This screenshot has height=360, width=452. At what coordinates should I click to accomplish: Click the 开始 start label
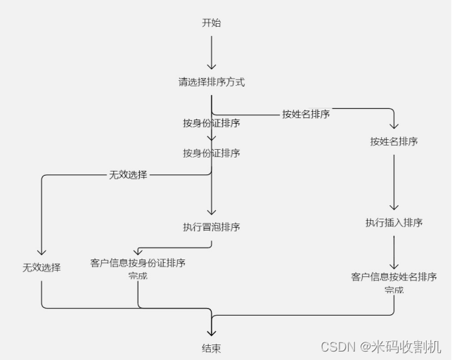tap(211, 23)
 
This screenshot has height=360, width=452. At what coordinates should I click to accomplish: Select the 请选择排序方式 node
tap(211, 82)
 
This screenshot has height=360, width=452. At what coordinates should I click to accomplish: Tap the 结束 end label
tap(211, 347)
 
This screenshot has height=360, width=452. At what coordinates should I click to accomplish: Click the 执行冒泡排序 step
tap(211, 227)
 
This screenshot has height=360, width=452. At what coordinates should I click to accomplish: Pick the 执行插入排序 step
tap(394, 223)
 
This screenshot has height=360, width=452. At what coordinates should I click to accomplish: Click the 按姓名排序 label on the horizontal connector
tap(306, 114)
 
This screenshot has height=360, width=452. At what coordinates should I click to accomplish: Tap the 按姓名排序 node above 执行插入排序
tap(394, 141)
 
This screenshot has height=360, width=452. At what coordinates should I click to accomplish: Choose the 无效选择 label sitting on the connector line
tap(128, 174)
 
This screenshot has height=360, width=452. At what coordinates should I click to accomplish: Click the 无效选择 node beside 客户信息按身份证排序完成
tap(41, 268)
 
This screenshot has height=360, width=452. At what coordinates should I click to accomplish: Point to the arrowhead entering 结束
tap(211, 332)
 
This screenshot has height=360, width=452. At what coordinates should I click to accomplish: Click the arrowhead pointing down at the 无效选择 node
tap(41, 252)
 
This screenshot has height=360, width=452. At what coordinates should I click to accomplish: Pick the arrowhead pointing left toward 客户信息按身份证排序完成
tap(138, 251)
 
